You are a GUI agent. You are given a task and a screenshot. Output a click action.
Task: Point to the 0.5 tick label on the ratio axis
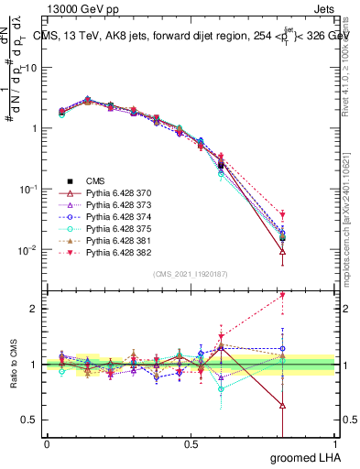point(28,420)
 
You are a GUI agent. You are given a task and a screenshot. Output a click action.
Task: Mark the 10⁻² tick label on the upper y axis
point(27,250)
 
